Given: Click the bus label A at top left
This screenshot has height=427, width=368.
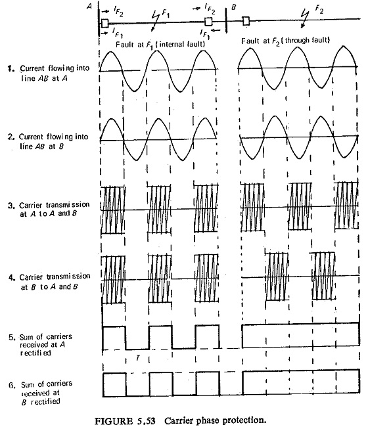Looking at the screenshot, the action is point(89,6).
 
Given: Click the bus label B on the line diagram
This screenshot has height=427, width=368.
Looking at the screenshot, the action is point(234,7).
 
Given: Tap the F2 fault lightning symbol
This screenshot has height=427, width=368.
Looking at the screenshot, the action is point(304,18).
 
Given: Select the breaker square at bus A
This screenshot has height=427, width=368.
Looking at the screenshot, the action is point(105,23).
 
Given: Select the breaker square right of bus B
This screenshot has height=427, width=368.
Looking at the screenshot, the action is point(246,21).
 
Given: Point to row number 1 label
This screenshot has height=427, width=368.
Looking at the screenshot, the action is point(11,68).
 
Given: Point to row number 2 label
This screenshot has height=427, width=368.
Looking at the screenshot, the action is point(11,137).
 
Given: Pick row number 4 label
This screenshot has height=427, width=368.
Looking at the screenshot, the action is point(11,277).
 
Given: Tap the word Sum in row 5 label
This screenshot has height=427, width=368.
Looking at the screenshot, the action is point(26,337).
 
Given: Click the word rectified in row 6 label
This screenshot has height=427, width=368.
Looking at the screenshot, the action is point(45,401).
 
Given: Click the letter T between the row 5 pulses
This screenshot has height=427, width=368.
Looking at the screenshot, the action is point(138,358).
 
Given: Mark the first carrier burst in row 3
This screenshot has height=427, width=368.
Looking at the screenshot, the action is point(112,210).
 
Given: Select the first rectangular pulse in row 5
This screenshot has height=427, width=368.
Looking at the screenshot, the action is point(114,338).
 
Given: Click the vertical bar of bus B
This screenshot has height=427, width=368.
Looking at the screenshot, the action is point(226,20).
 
